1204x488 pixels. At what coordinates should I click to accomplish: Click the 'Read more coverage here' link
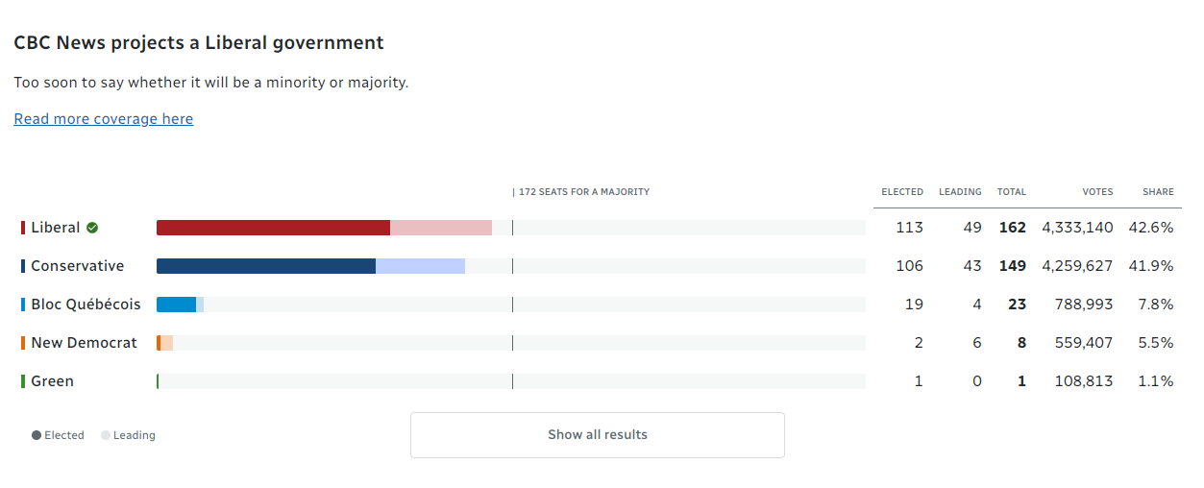coord(103,119)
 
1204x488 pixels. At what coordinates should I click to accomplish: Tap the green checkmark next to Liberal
coord(92,228)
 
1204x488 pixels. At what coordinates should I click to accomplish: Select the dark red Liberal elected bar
coord(273,228)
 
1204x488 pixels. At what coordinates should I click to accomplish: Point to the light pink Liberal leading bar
coord(441,228)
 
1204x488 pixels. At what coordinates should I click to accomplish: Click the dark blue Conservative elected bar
coord(265,266)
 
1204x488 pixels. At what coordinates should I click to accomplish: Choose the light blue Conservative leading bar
coord(420,266)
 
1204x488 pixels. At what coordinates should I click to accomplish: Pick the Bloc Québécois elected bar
coord(176,305)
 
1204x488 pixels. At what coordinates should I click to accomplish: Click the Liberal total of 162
coord(1012,228)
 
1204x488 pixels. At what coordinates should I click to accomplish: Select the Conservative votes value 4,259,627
coord(1077,266)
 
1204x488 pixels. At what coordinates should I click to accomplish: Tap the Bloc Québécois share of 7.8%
coord(1155,305)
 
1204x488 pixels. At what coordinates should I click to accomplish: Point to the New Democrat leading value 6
coord(976,343)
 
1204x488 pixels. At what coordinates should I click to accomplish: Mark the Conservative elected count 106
coord(908,266)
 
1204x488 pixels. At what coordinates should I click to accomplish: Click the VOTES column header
coord(1097,192)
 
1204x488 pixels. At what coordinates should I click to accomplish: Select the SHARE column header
coord(1158,192)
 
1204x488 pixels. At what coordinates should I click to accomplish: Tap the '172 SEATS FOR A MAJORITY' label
coord(583,192)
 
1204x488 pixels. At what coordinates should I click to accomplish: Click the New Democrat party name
coord(84,343)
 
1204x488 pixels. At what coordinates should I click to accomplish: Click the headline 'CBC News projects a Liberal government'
coord(199,43)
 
